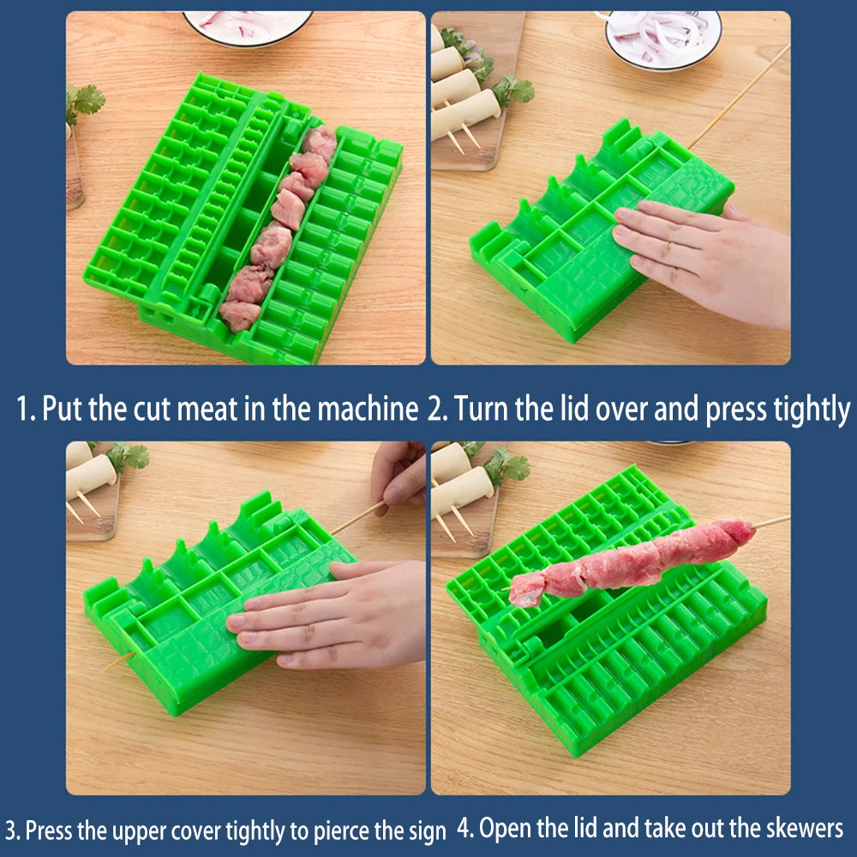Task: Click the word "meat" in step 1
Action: (207, 408)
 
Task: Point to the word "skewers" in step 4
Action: (805, 829)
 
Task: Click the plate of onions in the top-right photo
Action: (663, 39)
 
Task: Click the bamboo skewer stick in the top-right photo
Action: (739, 96)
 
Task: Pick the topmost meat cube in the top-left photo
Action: (321, 142)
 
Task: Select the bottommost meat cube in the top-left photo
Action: (239, 315)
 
